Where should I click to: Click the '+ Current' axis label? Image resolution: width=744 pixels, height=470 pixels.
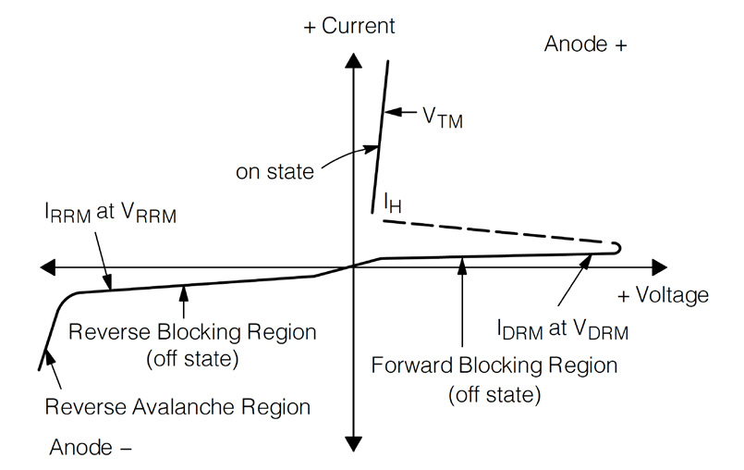pos(349,26)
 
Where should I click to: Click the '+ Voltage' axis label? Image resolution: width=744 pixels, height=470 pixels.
pos(663,296)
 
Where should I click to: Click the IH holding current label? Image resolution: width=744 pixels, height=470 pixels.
pos(393,203)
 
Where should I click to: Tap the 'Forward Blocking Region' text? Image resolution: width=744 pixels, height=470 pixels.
pos(494,365)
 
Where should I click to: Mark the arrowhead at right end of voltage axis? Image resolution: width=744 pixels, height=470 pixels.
pos(657,267)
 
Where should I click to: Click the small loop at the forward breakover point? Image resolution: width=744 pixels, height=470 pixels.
pos(616,247)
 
